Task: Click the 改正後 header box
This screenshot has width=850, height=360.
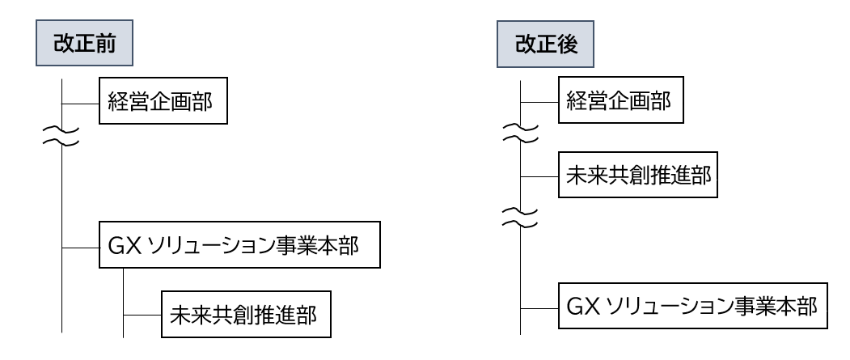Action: pos(543,44)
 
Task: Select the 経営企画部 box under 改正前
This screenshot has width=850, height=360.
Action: pos(162,104)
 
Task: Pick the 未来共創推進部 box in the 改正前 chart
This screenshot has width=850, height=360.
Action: pos(247,314)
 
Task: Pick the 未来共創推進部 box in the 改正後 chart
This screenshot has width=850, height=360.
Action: pos(637,176)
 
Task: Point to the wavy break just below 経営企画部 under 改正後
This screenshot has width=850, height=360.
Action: pos(520,133)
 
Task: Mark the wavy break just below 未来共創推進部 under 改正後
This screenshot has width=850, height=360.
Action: pos(520,215)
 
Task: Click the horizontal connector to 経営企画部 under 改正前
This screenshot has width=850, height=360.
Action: pos(81,104)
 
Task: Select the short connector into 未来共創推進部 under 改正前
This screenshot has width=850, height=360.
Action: pos(142,314)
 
